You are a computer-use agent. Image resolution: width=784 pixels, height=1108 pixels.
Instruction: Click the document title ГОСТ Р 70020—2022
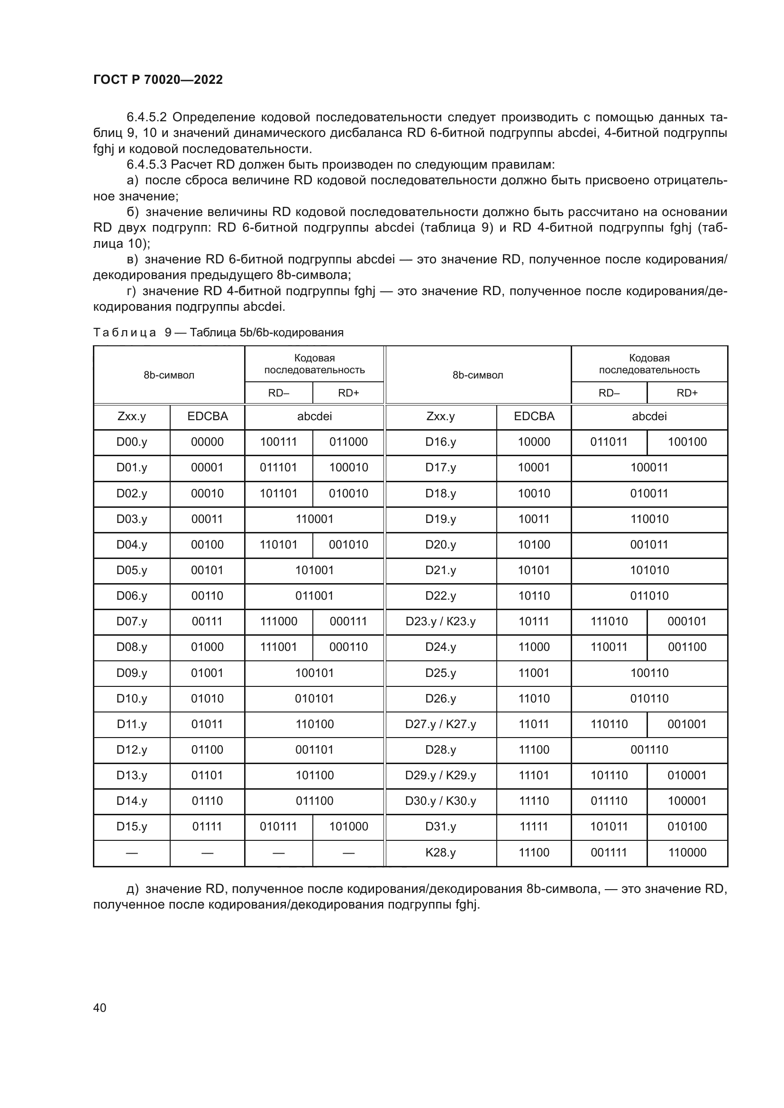pyautogui.click(x=158, y=80)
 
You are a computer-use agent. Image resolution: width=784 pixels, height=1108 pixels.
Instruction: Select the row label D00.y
pyautogui.click(x=131, y=441)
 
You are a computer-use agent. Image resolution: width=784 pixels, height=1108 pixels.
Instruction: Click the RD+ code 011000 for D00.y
pyautogui.click(x=348, y=441)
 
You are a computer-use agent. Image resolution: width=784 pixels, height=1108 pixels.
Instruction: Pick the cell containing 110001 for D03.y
pyautogui.click(x=314, y=519)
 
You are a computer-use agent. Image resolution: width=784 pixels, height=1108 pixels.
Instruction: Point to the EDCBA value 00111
pyautogui.click(x=207, y=621)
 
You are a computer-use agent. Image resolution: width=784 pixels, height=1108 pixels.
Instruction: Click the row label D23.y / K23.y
pyautogui.click(x=440, y=621)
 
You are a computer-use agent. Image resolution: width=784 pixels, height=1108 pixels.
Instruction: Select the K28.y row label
pyautogui.click(x=440, y=852)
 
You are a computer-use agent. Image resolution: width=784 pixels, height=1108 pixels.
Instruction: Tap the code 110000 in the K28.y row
pyautogui.click(x=687, y=852)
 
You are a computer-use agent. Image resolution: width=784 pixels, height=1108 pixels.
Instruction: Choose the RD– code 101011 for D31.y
pyautogui.click(x=609, y=826)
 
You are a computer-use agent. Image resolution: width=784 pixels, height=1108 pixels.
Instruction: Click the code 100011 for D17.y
pyautogui.click(x=649, y=467)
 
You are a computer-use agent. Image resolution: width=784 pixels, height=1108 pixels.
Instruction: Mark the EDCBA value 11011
pyautogui.click(x=534, y=724)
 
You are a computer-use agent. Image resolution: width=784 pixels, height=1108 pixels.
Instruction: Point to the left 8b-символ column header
pyautogui.click(x=169, y=375)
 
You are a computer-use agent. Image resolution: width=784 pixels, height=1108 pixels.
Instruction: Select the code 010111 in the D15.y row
pyautogui.click(x=279, y=826)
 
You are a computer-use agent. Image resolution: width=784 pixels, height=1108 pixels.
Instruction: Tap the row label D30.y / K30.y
pyautogui.click(x=440, y=801)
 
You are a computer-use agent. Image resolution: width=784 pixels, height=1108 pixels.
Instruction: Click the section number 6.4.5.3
pyautogui.click(x=146, y=164)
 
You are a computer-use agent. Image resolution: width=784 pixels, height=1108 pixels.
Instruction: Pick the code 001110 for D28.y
pyautogui.click(x=649, y=749)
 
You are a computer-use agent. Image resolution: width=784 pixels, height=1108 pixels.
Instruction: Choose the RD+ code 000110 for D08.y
pyautogui.click(x=348, y=647)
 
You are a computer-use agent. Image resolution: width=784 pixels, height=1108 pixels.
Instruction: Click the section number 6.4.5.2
pyautogui.click(x=146, y=117)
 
